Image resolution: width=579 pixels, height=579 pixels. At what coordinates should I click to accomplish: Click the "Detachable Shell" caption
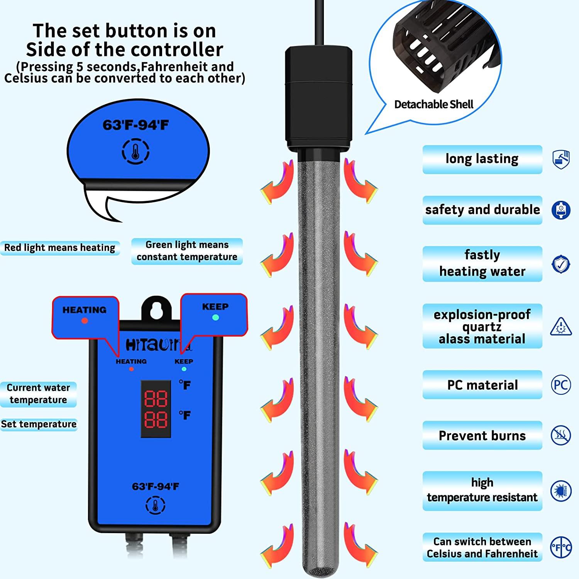433,104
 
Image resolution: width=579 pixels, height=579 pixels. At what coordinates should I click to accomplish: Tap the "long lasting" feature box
482,159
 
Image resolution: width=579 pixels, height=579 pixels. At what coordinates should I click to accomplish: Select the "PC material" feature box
482,385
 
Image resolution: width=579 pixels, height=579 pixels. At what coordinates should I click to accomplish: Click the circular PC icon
560,385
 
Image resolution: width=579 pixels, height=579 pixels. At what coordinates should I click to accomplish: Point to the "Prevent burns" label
482,435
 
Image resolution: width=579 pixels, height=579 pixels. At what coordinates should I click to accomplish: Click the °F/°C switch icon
560,547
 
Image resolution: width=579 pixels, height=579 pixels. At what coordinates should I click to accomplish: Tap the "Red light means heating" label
60,247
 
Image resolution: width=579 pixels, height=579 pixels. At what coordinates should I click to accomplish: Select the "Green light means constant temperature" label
187,251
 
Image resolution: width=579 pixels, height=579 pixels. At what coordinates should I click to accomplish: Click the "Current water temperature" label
38,394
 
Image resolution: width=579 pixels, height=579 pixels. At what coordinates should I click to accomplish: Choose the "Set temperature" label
39,424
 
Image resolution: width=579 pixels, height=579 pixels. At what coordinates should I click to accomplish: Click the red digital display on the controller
156,409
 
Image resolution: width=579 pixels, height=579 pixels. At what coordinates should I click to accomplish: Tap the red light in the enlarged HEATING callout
85,321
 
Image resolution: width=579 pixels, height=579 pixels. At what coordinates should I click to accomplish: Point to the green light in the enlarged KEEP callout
215,318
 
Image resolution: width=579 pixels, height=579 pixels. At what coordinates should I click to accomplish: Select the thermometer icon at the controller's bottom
155,505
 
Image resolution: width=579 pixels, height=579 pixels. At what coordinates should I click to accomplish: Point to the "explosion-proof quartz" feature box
482,326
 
